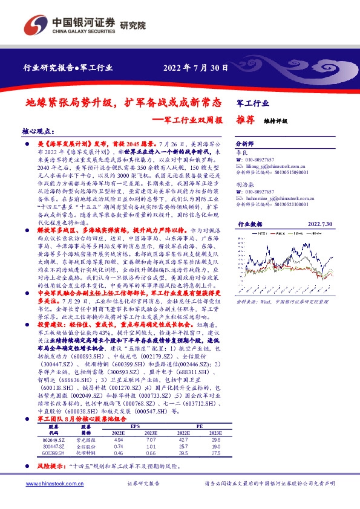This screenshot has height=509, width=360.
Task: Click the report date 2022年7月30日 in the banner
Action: [x=195, y=68]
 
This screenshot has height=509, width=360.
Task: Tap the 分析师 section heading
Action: [x=245, y=144]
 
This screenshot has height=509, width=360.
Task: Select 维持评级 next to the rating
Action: [x=276, y=120]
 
